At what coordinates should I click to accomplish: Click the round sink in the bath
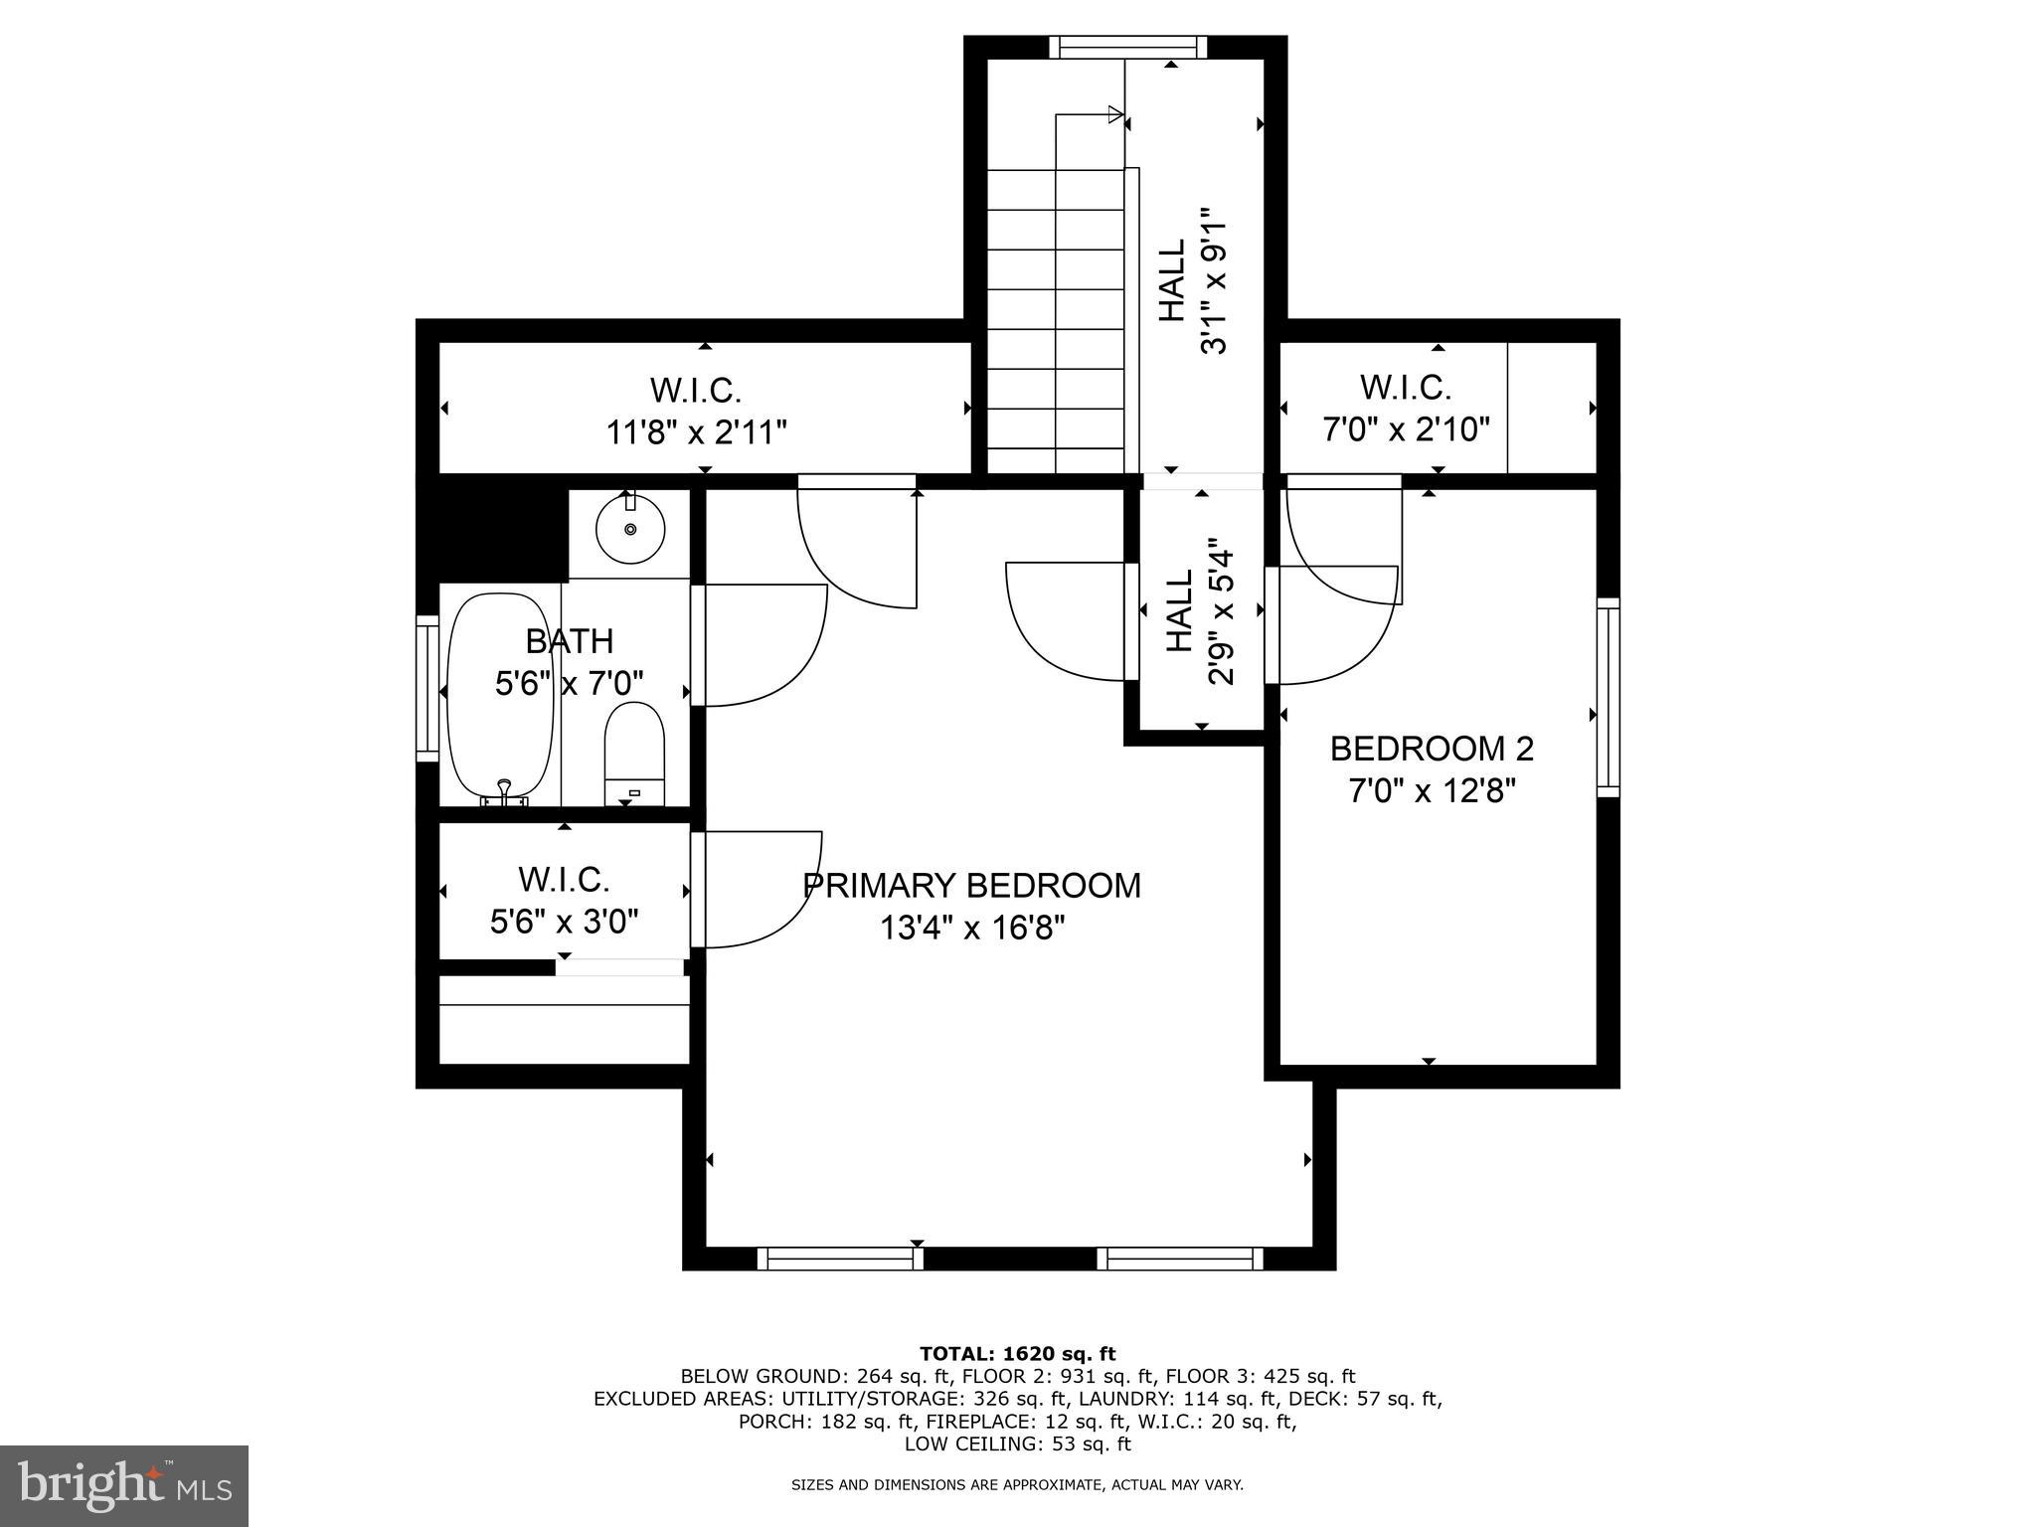pos(630,528)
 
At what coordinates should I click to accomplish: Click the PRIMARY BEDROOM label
pos(971,885)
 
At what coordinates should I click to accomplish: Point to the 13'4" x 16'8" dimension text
pos(971,929)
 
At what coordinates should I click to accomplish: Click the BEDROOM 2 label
pos(1432,749)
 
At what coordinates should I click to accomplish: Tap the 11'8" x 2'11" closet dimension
pos(697,432)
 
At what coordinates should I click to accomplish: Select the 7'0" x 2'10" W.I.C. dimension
pos(1405,429)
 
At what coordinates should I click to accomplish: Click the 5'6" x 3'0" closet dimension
pos(564,922)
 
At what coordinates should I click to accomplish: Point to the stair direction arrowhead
pos(1115,115)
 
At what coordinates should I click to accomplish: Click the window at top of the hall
pos(1127,47)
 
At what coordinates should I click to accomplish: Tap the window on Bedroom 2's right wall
pos(1608,697)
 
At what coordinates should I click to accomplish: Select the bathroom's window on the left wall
pos(427,688)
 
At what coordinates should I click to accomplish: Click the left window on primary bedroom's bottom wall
pos(840,1259)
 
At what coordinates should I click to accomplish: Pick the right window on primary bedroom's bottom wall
pos(1180,1259)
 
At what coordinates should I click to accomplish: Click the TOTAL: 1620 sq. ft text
pos(1017,1353)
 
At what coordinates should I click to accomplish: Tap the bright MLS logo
pos(124,1486)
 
